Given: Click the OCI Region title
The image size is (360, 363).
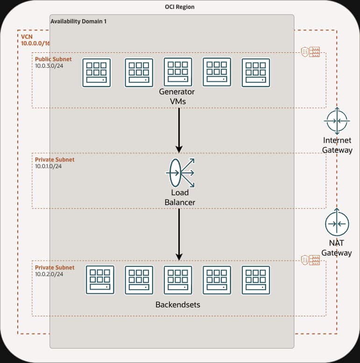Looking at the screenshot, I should tap(180, 7).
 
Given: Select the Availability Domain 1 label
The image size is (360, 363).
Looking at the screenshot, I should tap(78, 21).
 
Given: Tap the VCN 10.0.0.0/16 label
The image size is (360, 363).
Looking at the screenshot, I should tap(35, 40).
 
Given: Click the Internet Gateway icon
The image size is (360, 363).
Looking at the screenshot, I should tap(337, 121).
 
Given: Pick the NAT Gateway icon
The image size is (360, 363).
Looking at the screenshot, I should tap(337, 223).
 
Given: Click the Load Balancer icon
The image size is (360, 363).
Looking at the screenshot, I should tap(180, 173).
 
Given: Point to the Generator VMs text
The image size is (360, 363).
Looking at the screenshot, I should tap(177, 96).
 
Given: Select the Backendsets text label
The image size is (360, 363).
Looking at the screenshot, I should tap(177, 305).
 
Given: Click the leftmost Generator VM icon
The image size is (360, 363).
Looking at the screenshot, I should tap(97, 72).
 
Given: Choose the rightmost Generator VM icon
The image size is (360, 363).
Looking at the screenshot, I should tap(255, 72).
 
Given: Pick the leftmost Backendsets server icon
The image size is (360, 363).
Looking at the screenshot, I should tap(100, 280).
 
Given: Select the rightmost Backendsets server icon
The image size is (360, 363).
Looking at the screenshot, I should tap(255, 280).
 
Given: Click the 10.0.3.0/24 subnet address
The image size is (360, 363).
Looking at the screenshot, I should tap(49, 66).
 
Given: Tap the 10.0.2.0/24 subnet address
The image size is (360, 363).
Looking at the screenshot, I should tap(49, 274).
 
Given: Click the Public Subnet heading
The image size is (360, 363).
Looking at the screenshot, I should tap(54, 59).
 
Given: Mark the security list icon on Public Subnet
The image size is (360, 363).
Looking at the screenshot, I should tap(311, 52).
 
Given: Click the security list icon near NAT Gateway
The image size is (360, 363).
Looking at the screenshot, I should tap(311, 259).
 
